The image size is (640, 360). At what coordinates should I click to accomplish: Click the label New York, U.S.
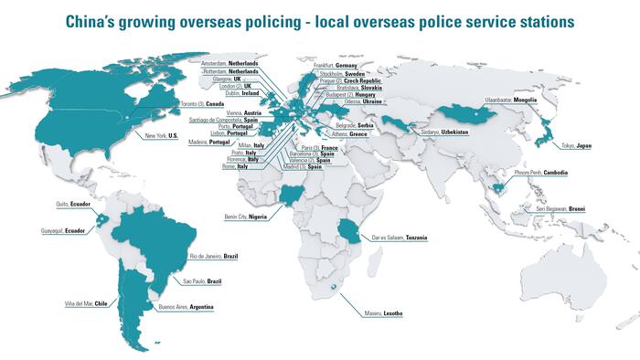165,136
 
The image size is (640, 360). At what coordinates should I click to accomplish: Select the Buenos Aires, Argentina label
187,307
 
